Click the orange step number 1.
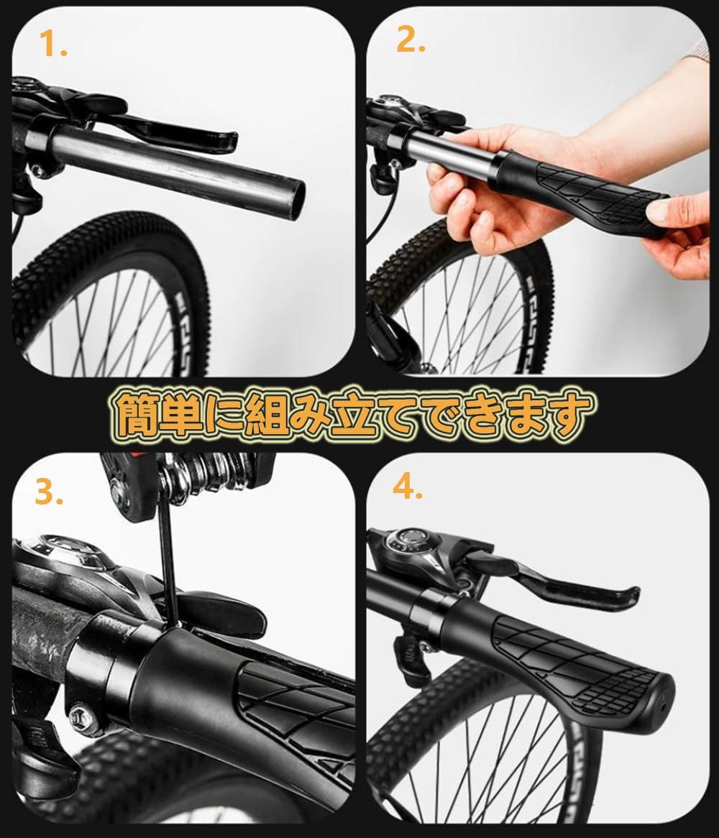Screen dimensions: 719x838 53,44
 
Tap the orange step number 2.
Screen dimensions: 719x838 411,40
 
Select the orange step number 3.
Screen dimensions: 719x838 49,492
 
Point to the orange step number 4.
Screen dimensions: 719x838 408,487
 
